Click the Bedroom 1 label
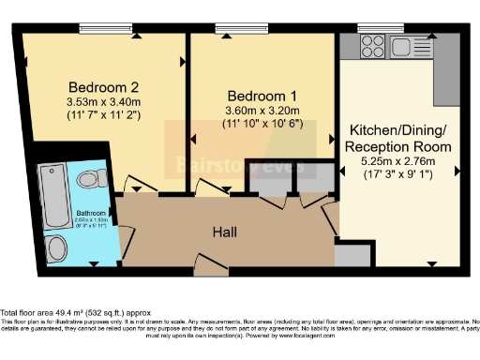pyautogui.click(x=256, y=96)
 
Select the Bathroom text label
pyautogui.click(x=92, y=212)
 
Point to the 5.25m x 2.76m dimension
pyautogui.click(x=400, y=162)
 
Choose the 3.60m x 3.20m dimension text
pyautogui.click(x=256, y=110)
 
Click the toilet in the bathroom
pyautogui.click(x=89, y=177)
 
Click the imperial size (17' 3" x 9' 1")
pyautogui.click(x=400, y=176)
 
